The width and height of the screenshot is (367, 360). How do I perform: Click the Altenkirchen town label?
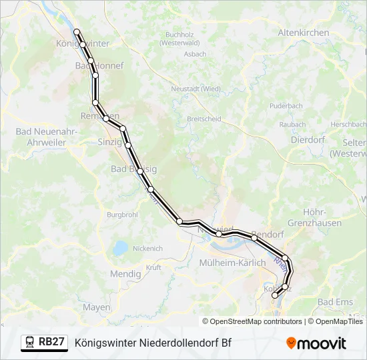(304, 32)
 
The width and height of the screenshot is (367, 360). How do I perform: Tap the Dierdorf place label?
(306, 139)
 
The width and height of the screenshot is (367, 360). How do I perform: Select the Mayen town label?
(97, 307)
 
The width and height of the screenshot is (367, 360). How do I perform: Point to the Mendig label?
(125, 273)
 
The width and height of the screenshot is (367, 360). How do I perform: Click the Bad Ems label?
(335, 302)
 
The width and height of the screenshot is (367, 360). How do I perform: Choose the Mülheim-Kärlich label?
(232, 263)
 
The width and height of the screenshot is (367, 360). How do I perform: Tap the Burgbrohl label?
(121, 215)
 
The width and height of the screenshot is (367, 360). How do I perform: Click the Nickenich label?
(147, 248)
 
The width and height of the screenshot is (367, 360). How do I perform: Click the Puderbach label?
(286, 105)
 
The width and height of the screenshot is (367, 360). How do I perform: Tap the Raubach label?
(292, 124)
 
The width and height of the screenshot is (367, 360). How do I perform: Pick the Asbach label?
(195, 53)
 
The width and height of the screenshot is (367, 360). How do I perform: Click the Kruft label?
(153, 267)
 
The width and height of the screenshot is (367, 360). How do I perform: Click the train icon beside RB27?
(30, 343)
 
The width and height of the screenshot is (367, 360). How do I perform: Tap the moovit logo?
(316, 343)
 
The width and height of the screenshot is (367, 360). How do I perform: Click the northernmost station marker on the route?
(77, 31)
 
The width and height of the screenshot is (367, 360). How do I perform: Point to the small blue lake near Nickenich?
(120, 248)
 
